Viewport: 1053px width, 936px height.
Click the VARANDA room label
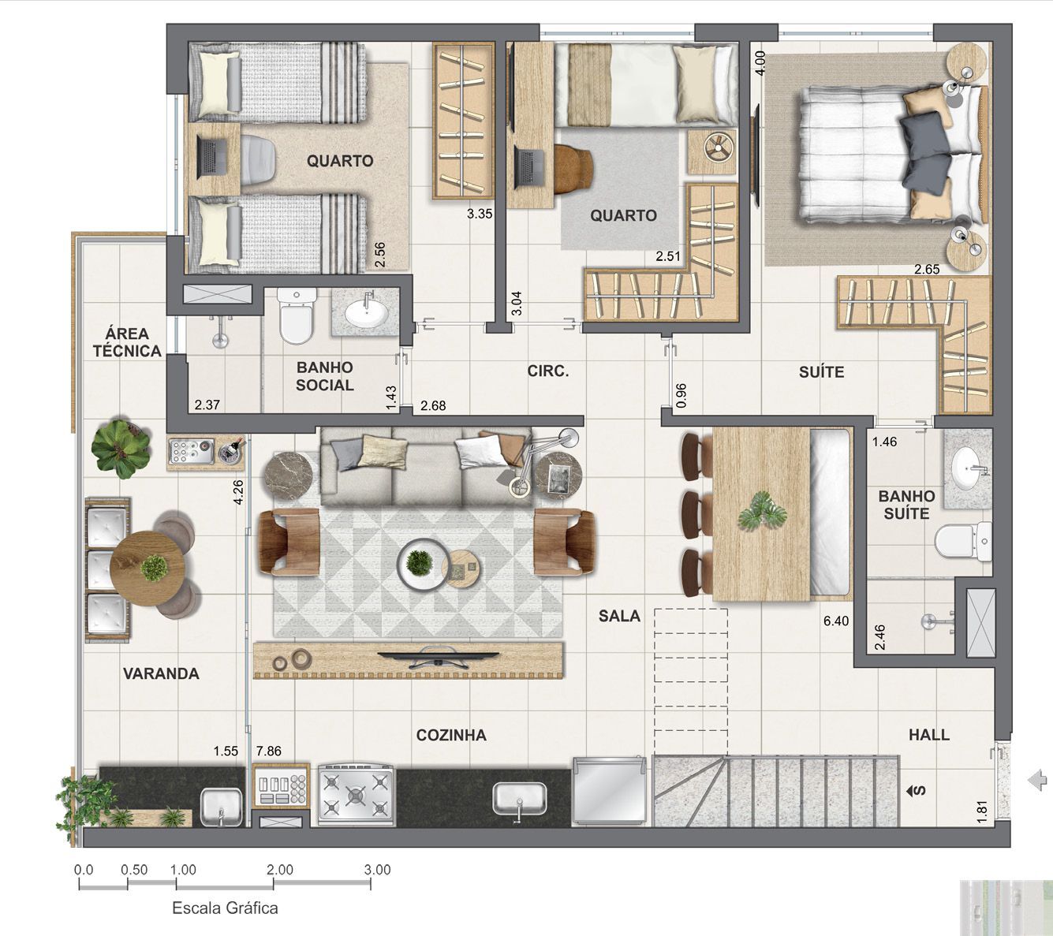[161, 673]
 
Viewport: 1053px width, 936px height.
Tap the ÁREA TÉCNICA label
[127, 343]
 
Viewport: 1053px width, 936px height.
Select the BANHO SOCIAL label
[324, 376]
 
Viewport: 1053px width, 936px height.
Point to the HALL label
[928, 735]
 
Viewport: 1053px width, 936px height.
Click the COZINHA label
[451, 735]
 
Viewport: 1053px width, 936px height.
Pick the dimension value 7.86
[268, 751]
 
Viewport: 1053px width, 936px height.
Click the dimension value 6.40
[836, 621]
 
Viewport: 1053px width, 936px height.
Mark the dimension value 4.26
[238, 494]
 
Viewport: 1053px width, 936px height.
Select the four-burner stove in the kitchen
[356, 794]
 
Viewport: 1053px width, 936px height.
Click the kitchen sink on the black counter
[520, 798]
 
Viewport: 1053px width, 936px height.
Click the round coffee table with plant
[419, 562]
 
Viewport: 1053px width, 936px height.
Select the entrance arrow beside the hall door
[1036, 781]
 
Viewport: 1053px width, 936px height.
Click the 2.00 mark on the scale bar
[279, 870]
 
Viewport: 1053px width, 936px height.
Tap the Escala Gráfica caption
[225, 908]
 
